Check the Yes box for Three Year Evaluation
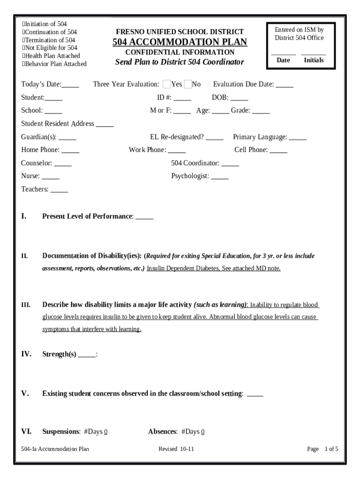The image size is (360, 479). [167, 84]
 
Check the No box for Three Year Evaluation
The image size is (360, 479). [188, 84]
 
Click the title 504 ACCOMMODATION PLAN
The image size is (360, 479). [180, 43]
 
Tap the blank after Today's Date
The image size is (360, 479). [71, 85]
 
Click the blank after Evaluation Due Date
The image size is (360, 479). [285, 85]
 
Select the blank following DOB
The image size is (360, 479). [239, 98]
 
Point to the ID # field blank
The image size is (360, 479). [182, 98]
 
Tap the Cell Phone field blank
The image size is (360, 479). [279, 151]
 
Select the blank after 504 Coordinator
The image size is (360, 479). [230, 164]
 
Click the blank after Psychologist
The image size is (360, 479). [220, 177]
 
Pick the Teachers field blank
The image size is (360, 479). [59, 190]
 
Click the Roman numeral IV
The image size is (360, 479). [26, 354]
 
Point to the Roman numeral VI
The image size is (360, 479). [26, 432]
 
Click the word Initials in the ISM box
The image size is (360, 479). [314, 60]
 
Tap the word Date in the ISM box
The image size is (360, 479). [283, 60]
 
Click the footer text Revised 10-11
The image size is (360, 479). [176, 449]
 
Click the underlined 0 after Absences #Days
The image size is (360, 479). [203, 432]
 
